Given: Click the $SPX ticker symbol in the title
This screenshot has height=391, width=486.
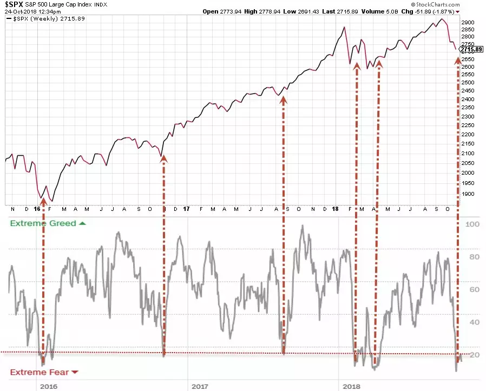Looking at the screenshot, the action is tap(14, 4).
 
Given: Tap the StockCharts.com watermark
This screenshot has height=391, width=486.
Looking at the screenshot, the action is tap(436, 4).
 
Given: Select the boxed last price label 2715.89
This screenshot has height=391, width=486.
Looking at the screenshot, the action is tap(471, 49).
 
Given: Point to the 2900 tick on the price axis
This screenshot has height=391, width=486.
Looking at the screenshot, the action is tap(468, 23).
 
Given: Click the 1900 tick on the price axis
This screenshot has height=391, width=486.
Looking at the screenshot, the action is tap(468, 194).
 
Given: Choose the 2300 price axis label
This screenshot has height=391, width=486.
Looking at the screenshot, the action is tap(468, 116).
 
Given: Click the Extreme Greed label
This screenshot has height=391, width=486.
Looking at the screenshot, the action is tap(43, 223).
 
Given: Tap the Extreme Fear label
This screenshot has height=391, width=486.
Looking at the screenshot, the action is tap(40, 372).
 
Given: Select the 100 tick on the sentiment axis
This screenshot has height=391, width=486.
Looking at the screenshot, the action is tap(472, 224).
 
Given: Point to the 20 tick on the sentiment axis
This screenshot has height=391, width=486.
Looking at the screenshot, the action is tap(474, 355).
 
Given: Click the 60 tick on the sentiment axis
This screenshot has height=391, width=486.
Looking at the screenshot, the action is tap(474, 289).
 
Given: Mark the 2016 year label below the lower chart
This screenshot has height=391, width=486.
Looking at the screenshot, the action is tap(49, 386).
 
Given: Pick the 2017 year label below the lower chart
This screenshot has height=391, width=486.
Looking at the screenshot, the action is tap(200, 386).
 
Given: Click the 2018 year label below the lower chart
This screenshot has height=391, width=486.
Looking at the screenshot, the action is tap(351, 386).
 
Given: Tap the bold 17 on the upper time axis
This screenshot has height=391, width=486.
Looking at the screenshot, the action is tap(186, 209).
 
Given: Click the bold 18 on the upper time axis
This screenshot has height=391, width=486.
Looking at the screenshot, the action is tap(335, 209).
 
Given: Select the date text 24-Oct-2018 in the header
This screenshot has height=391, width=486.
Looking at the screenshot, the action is tap(20, 12).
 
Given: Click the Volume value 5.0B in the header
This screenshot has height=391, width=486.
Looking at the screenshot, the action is tap(392, 11).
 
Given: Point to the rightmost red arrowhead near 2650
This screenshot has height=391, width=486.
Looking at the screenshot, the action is tap(458, 61).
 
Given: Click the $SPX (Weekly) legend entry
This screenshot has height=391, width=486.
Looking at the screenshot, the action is tap(45, 18).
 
